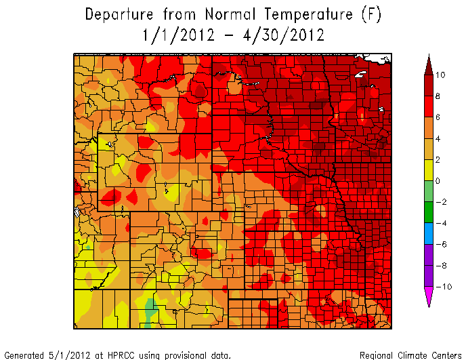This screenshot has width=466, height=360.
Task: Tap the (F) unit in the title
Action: tap(368, 14)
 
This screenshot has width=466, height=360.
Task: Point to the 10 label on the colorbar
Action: tap(440, 75)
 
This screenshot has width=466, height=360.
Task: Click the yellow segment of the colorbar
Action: tap(428, 170)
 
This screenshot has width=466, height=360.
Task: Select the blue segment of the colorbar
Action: tap(428, 233)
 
